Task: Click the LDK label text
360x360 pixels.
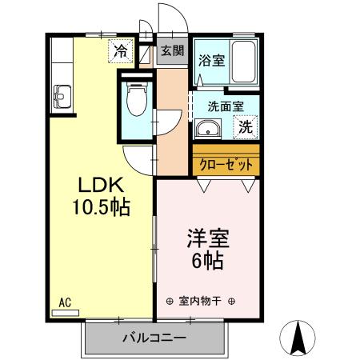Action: point(100,186)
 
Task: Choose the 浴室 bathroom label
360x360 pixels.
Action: point(211,60)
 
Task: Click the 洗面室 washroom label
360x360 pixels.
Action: point(225,105)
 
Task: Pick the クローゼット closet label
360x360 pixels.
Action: point(226,164)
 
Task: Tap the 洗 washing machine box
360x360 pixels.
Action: point(246,126)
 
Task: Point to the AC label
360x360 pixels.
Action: point(66,302)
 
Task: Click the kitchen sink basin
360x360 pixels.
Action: point(62,94)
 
